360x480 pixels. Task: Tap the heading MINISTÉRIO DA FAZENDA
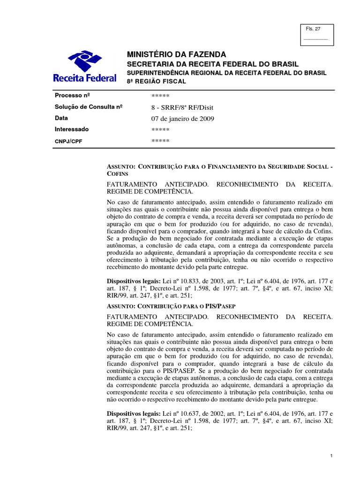pos(177,54)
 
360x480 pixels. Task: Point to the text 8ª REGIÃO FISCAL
pos(157,82)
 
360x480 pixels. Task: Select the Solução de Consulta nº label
pos(89,107)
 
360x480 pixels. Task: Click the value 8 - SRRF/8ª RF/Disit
pos(179,107)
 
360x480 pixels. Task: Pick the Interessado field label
pos(72,129)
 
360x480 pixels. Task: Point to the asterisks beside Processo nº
pos(160,96)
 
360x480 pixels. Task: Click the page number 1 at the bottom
pos(331,456)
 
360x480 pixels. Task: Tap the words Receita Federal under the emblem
pos(84,78)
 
